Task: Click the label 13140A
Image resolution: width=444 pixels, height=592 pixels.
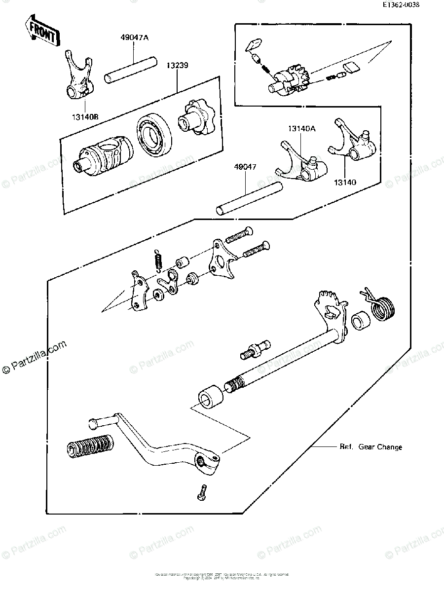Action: pyautogui.click(x=302, y=129)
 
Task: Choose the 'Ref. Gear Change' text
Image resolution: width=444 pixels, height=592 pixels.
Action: pyautogui.click(x=370, y=447)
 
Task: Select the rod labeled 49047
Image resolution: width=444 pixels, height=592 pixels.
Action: pyautogui.click(x=250, y=198)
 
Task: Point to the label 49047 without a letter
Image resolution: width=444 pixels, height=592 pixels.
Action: pyautogui.click(x=245, y=167)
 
